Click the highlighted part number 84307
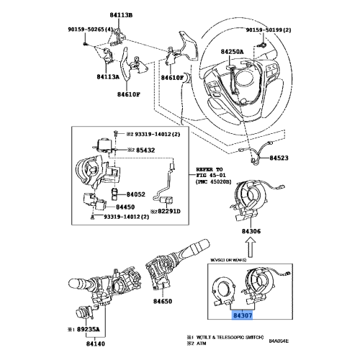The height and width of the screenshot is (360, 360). [243, 315]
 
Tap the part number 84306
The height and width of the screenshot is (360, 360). [251, 232]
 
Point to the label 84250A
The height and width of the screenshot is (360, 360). [233, 53]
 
